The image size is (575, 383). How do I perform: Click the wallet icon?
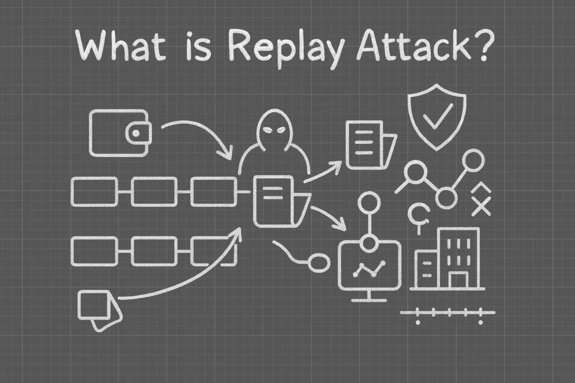pyautogui.click(x=118, y=133)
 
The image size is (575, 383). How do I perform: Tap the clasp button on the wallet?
pyautogui.click(x=136, y=133)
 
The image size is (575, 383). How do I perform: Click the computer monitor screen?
pyautogui.click(x=369, y=268)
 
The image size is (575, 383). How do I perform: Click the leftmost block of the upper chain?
pyautogui.click(x=95, y=191)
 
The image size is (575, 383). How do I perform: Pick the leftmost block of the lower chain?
pyautogui.click(x=95, y=250)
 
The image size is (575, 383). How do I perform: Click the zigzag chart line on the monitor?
pyautogui.click(x=369, y=269)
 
